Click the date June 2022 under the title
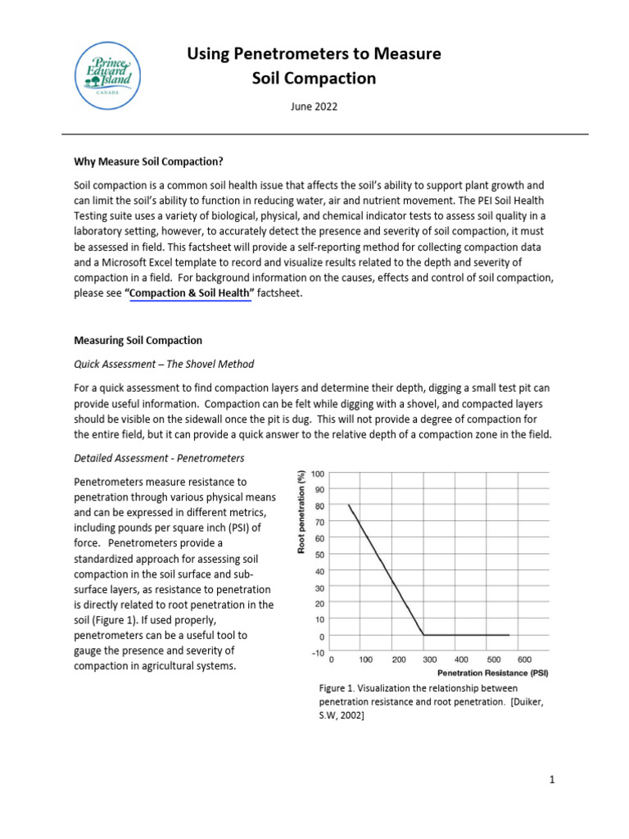[x=314, y=107]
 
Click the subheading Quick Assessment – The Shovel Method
[x=164, y=365]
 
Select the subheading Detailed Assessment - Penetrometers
[x=159, y=457]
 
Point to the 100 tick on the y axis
[x=318, y=474]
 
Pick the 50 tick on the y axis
[x=319, y=555]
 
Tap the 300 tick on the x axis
[x=429, y=659]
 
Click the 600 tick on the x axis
[x=525, y=659]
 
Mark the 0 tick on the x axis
[x=332, y=659]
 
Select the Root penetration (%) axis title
[x=301, y=513]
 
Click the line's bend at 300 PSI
[x=423, y=635]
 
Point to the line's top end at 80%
[x=349, y=506]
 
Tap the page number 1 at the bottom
[x=553, y=780]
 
